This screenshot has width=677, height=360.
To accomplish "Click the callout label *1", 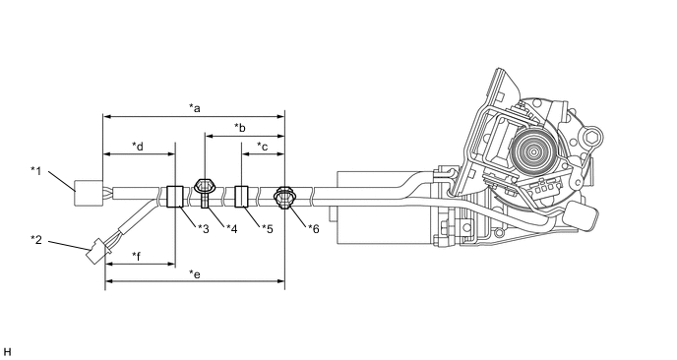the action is tap(35, 171).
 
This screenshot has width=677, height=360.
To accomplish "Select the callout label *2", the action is tap(36, 240).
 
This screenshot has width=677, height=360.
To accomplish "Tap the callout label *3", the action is tap(204, 229).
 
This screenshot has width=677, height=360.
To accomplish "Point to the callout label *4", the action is tap(232, 229).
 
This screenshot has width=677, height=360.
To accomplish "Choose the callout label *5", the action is tap(268, 229).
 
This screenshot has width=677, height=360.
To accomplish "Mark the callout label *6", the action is tap(314, 229).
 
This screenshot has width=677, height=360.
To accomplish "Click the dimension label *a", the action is tap(195, 107).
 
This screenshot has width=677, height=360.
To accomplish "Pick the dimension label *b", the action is tap(240, 127).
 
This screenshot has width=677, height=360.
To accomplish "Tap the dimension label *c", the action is tap(263, 147).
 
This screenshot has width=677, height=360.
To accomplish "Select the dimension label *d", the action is tap(138, 147).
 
